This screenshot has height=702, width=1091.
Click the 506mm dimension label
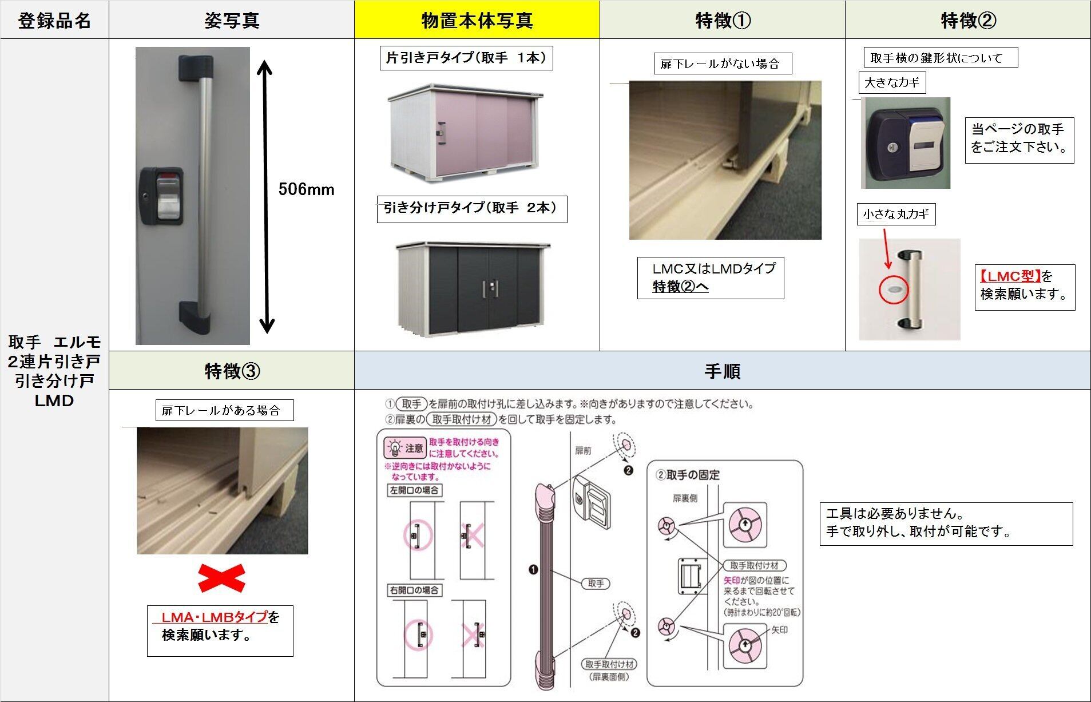(x=306, y=189)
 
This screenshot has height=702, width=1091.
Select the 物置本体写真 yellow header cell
(x=477, y=21)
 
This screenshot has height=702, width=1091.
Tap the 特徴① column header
(x=722, y=21)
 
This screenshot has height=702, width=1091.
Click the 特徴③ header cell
(x=232, y=371)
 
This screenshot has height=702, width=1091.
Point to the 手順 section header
(x=722, y=371)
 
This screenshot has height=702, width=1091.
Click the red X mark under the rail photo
(x=221, y=578)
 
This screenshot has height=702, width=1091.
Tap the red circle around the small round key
(x=892, y=289)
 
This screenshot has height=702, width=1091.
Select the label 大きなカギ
(x=891, y=83)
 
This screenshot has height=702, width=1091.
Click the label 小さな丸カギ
(x=895, y=215)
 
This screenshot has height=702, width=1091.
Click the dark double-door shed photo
(x=473, y=288)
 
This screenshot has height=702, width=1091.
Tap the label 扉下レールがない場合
(x=722, y=64)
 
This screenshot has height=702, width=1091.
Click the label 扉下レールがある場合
(x=224, y=410)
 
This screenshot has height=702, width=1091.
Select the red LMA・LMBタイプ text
(x=215, y=617)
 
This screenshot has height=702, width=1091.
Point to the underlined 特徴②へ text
(x=680, y=287)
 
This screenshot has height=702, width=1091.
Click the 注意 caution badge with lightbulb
(x=405, y=448)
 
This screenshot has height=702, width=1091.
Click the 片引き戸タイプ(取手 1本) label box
(x=466, y=58)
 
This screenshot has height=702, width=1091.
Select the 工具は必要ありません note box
(x=945, y=523)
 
